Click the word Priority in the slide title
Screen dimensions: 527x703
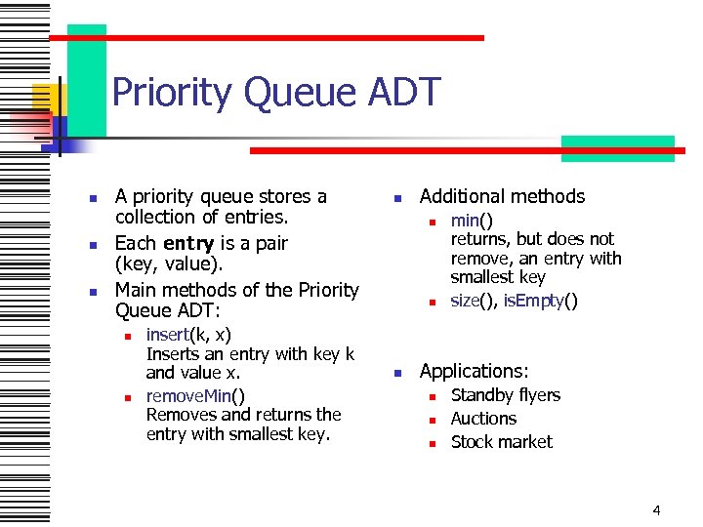click(172, 94)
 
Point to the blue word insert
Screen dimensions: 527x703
click(167, 335)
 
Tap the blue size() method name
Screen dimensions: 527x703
click(472, 301)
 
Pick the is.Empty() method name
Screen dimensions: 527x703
click(540, 301)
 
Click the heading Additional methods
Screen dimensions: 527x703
click(502, 197)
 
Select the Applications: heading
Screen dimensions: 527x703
click(474, 371)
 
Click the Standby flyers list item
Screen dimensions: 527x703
click(505, 395)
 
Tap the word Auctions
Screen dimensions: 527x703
click(483, 419)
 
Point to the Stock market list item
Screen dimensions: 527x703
click(501, 442)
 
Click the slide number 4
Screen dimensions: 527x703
click(656, 509)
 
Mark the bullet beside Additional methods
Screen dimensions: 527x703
click(397, 198)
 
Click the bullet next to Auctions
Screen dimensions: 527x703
click(429, 420)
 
